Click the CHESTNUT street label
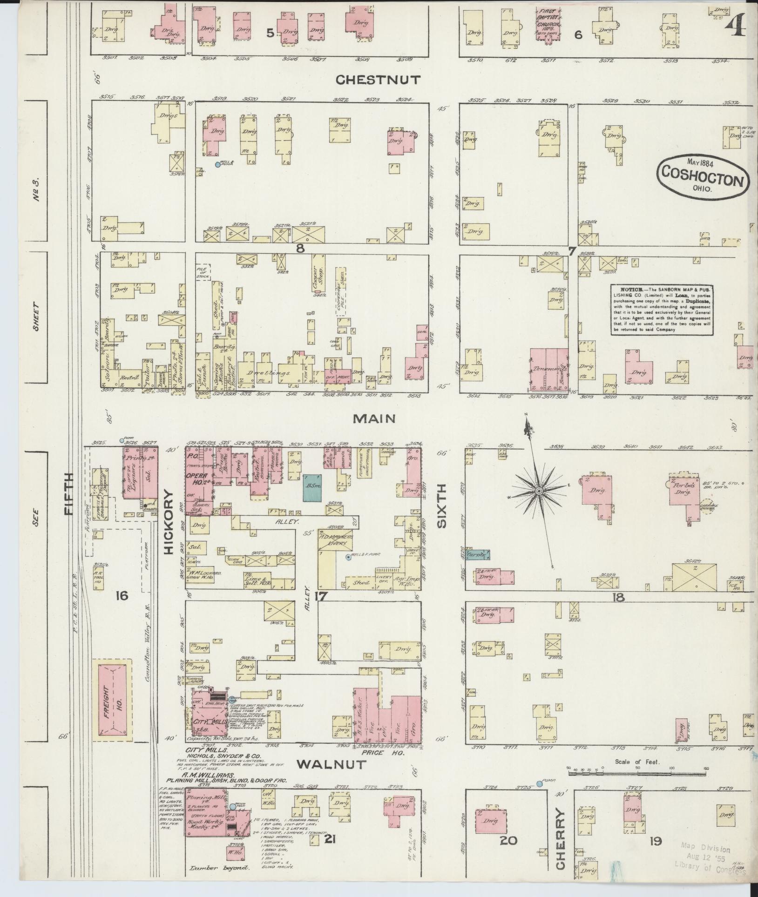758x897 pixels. pos(379,80)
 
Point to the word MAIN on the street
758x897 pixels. pos(374,418)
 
